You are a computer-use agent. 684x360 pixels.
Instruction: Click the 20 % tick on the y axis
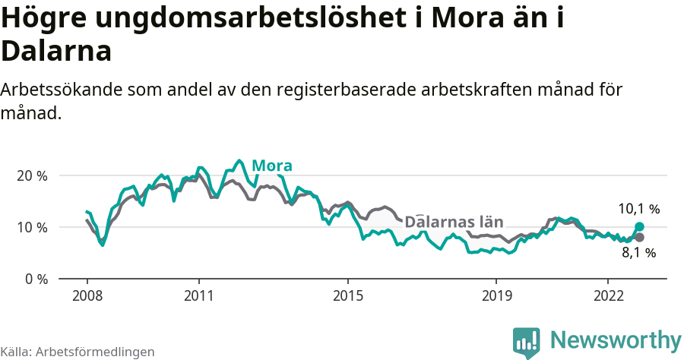click(x=32, y=175)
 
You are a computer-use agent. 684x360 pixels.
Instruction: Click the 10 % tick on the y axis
click(x=32, y=227)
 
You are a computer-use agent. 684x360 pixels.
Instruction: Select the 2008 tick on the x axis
click(x=87, y=295)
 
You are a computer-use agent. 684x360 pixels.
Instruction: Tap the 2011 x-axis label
click(x=198, y=295)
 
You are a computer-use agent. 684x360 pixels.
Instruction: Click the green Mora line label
click(x=272, y=166)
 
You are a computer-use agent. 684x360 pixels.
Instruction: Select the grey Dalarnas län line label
click(x=454, y=222)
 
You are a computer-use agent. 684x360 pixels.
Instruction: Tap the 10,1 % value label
click(x=638, y=209)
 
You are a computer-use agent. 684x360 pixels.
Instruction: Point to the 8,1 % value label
click(x=638, y=253)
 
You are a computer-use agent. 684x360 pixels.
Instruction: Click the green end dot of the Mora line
click(x=639, y=226)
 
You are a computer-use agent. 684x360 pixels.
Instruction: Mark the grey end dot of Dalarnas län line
click(x=639, y=237)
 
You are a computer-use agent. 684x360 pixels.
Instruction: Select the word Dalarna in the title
click(x=56, y=51)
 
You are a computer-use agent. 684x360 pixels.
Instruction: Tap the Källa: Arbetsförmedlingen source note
click(x=78, y=352)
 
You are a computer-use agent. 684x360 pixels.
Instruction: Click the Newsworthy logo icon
click(x=527, y=342)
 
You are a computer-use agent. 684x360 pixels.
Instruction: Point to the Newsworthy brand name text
click(x=616, y=339)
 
